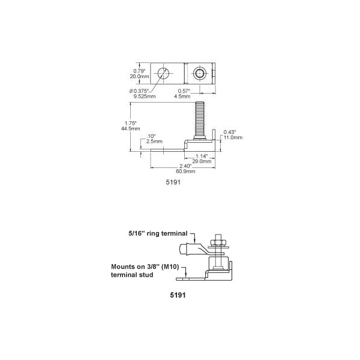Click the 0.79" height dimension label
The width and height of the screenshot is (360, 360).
coord(139,71)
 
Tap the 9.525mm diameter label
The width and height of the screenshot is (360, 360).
coord(145,96)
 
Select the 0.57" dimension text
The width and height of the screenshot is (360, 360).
coord(184,91)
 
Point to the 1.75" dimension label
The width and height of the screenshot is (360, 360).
coord(130,123)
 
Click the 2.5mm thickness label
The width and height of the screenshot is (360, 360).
coord(154,141)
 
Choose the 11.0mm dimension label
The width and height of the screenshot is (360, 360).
coord(233,137)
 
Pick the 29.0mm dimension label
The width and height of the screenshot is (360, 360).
coord(202,161)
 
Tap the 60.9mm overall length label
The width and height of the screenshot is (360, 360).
coord(185,171)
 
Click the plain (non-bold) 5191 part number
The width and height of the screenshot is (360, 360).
coord(173,182)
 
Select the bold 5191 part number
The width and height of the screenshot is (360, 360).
coord(178,295)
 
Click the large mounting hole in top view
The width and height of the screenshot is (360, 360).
coord(163,73)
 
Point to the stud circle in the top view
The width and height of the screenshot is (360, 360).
coord(200,73)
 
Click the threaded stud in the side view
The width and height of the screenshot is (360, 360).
coord(199,120)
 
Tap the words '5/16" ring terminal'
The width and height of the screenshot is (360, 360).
coord(158,233)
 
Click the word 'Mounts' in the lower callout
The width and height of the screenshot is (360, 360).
coord(122,266)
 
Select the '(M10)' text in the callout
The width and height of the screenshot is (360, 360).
coord(170,267)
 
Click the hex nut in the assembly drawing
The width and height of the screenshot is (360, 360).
coord(218,242)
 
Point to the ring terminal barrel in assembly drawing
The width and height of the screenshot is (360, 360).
coord(184,250)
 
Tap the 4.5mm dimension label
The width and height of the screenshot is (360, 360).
coord(182,96)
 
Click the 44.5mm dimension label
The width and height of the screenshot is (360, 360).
coord(130,128)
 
